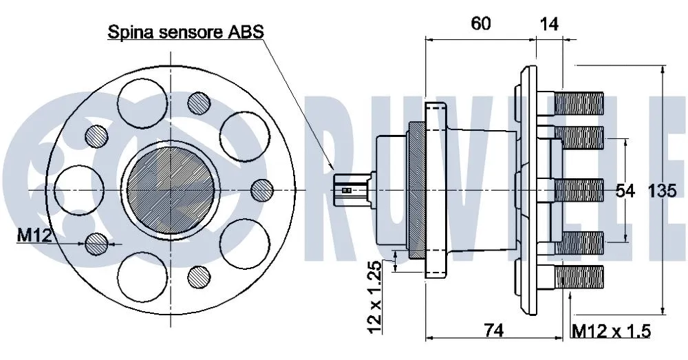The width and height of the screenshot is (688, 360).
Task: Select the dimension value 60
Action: coord(480,23)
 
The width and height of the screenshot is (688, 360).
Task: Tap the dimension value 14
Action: coord(549,23)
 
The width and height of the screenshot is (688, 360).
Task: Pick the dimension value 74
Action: coord(493,330)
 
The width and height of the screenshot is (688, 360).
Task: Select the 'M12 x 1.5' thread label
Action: coord(612,331)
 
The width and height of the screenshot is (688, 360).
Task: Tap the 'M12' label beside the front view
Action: coord(34,236)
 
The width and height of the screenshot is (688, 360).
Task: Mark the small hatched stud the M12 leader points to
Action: coord(96,243)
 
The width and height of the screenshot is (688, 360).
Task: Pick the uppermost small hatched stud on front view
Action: coord(200,103)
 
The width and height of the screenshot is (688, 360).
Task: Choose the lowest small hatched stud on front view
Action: coord(199,276)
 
